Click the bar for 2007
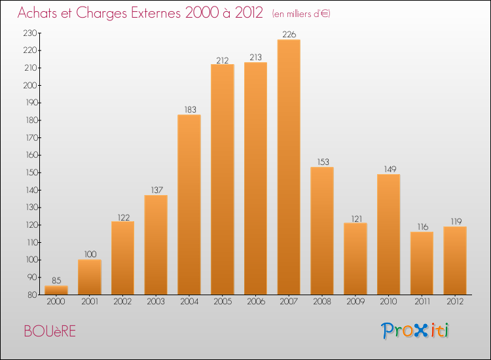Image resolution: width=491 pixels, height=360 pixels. click(x=289, y=167)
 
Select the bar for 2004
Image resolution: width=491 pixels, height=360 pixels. click(x=189, y=204)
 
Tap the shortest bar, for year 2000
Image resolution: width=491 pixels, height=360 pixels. click(x=56, y=290)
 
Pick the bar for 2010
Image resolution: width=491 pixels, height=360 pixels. click(x=388, y=234)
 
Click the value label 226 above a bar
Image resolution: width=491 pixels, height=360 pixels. click(x=289, y=35)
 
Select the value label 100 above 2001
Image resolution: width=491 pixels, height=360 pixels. click(x=90, y=255)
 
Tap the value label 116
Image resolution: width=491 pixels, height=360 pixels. click(x=422, y=227)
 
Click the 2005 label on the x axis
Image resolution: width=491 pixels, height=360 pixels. click(x=223, y=302)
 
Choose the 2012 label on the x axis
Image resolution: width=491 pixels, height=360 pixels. click(x=455, y=302)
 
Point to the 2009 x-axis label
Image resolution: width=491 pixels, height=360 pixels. click(x=355, y=302)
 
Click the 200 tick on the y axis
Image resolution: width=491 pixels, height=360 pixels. click(x=30, y=85)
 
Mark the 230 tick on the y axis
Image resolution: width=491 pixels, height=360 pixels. click(x=30, y=33)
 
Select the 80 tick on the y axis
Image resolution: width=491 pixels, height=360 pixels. click(x=32, y=295)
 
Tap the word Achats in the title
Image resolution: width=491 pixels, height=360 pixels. click(x=37, y=14)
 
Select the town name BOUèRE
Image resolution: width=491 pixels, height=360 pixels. click(x=50, y=331)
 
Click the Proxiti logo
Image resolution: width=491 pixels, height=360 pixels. click(x=416, y=331)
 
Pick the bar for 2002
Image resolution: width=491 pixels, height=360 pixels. click(x=122, y=258)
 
